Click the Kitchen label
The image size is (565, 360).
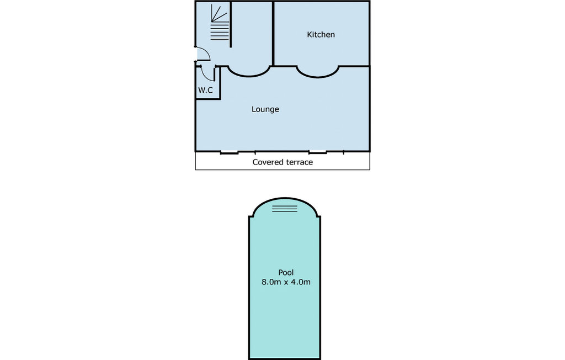[321, 35]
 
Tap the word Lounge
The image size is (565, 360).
[265, 109]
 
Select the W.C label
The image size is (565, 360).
[206, 90]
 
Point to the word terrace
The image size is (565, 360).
[300, 162]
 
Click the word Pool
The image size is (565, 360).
[286, 272]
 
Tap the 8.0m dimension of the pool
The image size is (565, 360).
[270, 282]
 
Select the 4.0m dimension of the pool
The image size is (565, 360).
[301, 282]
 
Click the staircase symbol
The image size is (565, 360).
[220, 25]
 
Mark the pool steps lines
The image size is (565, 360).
[285, 209]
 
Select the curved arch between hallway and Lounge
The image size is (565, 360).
[249, 72]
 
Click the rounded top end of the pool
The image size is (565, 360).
[285, 200]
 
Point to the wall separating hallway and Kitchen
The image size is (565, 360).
[274, 33]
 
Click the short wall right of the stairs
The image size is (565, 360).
[230, 25]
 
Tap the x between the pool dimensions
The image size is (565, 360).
[286, 283]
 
